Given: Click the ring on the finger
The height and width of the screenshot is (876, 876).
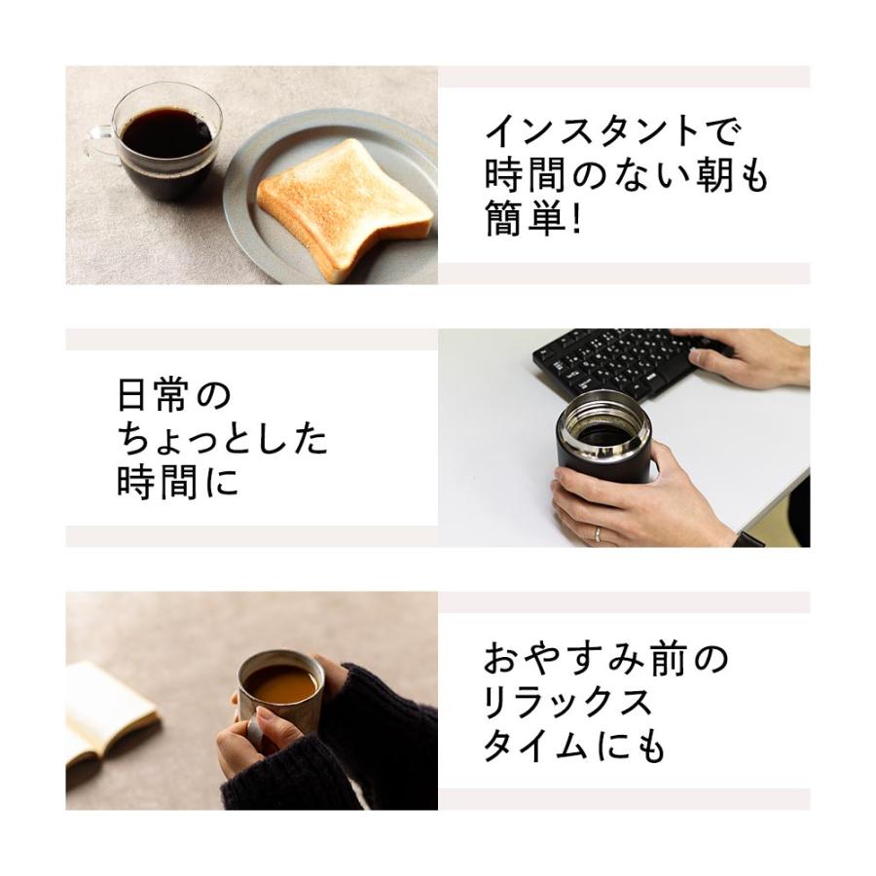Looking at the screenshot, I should tap(597, 533).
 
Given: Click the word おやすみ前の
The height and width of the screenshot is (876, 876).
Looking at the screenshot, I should tap(605, 660).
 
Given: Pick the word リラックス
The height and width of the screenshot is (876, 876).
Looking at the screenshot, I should tap(568, 704).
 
